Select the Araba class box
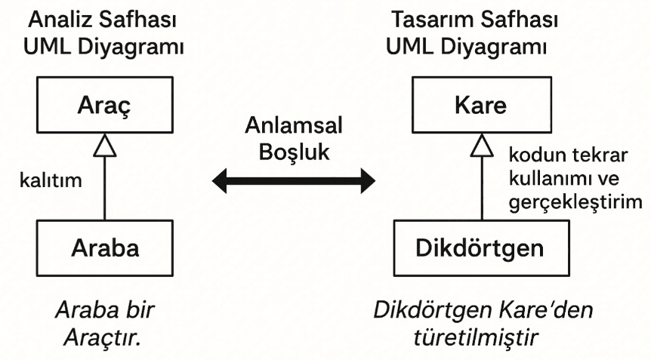[x=104, y=247]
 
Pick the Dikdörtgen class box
[x=480, y=247]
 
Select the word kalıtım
[x=51, y=180]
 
